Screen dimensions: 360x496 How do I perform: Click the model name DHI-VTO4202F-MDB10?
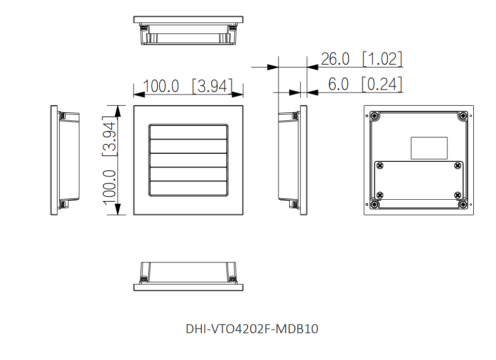point(252,329)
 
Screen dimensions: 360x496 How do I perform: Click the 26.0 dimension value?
point(335,59)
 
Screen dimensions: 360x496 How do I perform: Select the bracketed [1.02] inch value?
point(382,59)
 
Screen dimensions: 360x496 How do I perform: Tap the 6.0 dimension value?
point(338,84)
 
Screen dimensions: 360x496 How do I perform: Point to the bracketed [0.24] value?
point(382,84)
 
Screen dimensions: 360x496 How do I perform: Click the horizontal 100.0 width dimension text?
point(161,86)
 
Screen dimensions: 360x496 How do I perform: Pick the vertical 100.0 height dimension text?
point(111,187)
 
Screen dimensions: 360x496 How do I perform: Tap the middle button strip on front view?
point(188,160)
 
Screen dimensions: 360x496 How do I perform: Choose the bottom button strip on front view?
point(188,188)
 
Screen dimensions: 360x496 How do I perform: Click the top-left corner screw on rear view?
point(374,116)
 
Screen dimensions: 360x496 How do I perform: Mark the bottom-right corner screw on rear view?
point(463,204)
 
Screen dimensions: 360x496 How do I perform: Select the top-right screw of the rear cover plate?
point(457,166)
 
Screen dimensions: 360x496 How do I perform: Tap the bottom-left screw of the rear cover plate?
point(380,195)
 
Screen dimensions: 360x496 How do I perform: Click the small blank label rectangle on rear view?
point(429,148)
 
